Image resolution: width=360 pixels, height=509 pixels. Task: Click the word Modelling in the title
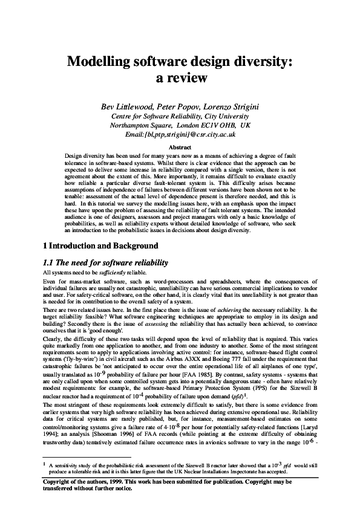click(x=99, y=61)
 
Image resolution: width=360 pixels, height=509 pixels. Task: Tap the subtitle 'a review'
click(x=180, y=78)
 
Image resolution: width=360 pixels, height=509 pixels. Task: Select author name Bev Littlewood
click(x=129, y=106)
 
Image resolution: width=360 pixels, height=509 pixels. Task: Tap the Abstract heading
click(x=180, y=147)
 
